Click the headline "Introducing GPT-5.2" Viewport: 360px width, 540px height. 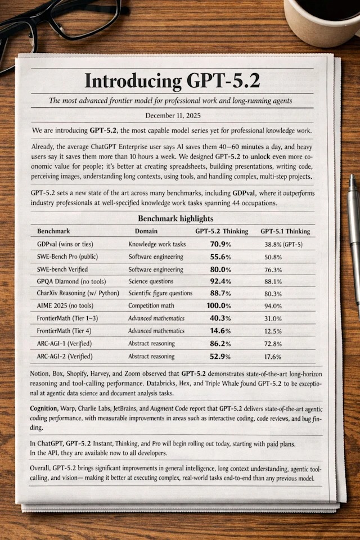[x=172, y=80]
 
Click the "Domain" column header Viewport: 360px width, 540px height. [x=146, y=231]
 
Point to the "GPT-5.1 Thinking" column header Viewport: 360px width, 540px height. [x=285, y=231]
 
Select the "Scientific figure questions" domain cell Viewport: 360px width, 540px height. [x=160, y=293]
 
